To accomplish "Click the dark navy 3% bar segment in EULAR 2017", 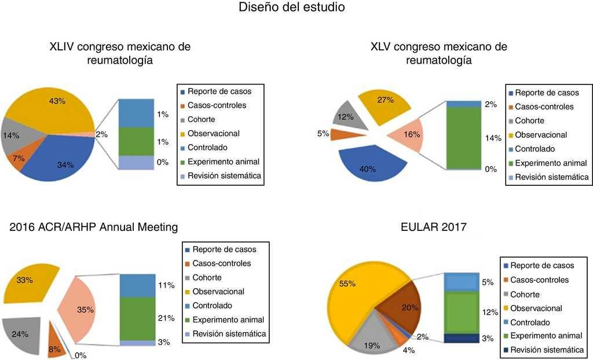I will coord(461,338).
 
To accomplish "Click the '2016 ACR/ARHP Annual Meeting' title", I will coord(94,227).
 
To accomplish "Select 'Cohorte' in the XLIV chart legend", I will coord(201,119).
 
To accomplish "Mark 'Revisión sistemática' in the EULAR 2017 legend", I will coord(547,349).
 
